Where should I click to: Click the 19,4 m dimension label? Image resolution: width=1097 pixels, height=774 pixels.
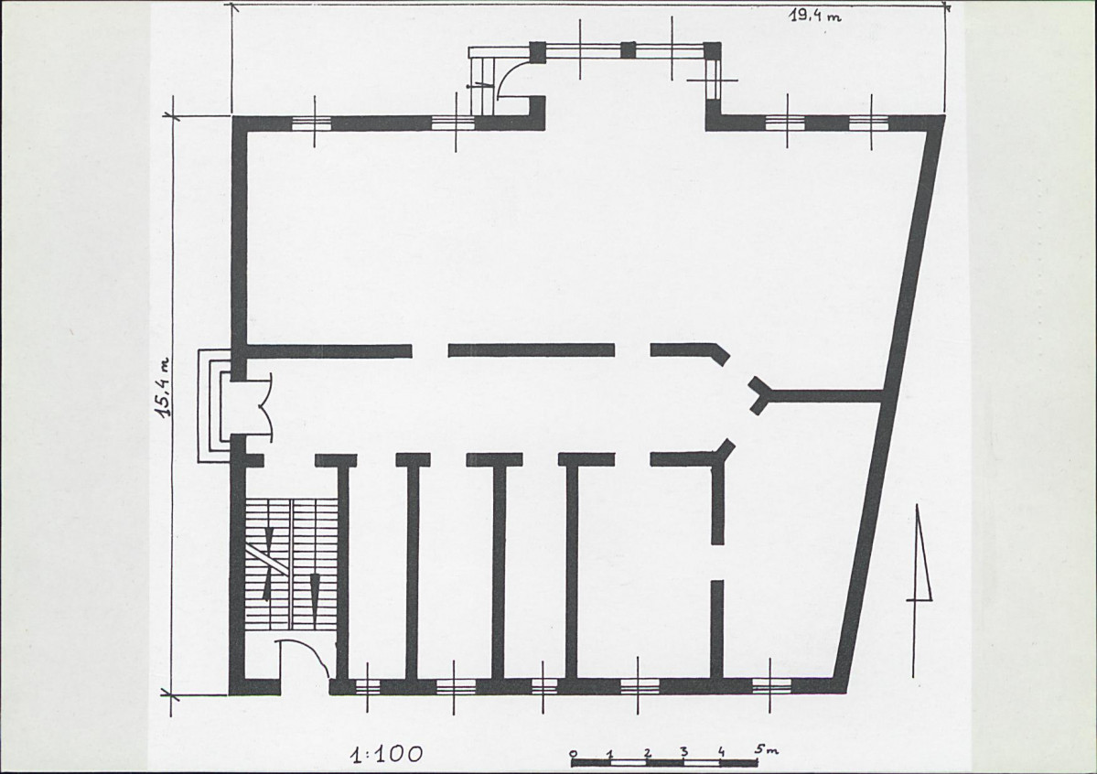tap(816, 15)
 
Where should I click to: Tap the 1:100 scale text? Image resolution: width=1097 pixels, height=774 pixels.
tap(387, 754)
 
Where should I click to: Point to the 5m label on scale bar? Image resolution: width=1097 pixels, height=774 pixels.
tap(766, 749)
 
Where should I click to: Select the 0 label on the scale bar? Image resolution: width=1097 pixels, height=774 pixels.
tap(574, 753)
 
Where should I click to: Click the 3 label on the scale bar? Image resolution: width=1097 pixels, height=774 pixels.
tap(684, 752)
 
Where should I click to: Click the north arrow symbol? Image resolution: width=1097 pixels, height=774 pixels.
tap(920, 589)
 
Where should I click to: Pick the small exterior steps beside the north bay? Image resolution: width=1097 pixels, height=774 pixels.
tap(482, 81)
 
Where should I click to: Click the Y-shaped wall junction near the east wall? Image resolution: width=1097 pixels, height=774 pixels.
tap(761, 395)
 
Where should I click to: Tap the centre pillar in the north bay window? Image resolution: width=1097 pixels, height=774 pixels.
tap(629, 50)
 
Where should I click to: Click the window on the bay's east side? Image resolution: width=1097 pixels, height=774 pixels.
tap(713, 81)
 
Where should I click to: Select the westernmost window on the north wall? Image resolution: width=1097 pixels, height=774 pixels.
tap(311, 124)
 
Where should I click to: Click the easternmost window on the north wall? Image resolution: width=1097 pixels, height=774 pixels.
tap(869, 124)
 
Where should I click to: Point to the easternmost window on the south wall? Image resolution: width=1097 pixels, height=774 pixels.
tap(771, 685)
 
